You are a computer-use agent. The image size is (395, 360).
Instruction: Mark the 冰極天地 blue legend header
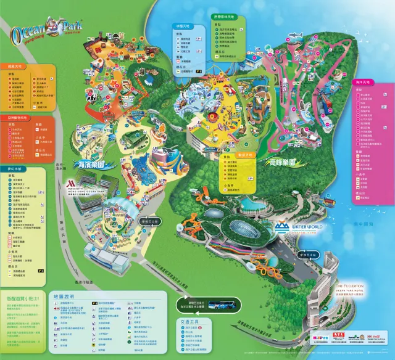183,27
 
